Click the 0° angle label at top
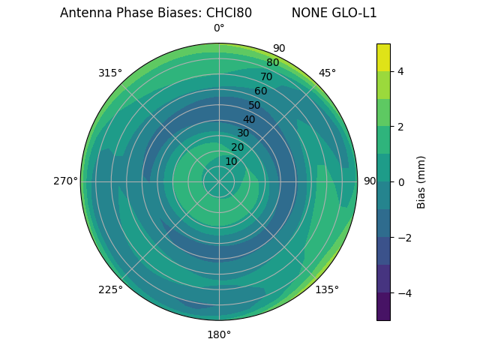click(x=219, y=28)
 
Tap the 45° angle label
click(x=327, y=73)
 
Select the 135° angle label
click(x=327, y=289)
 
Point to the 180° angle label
click(x=219, y=334)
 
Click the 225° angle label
click(x=110, y=289)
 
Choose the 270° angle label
click(x=65, y=181)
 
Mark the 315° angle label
click(x=110, y=73)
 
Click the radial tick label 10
click(x=231, y=161)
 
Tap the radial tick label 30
click(x=243, y=133)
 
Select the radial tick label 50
click(x=255, y=106)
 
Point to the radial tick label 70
click(x=267, y=77)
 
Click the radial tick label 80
click(x=273, y=63)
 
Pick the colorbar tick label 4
click(x=400, y=71)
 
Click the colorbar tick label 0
click(x=400, y=182)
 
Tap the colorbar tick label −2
click(x=403, y=238)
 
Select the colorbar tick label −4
click(x=403, y=293)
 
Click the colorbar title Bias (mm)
click(x=421, y=182)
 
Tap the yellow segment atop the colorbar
click(x=383, y=57)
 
